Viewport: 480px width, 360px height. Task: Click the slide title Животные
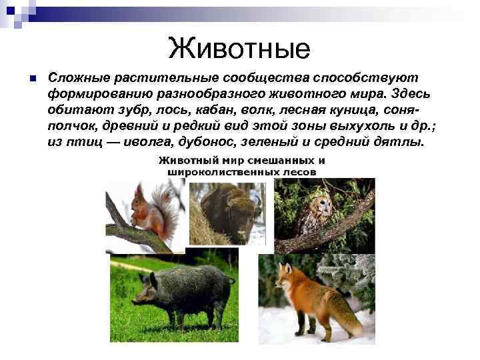point(239,48)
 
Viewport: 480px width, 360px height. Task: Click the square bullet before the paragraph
point(31,79)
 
